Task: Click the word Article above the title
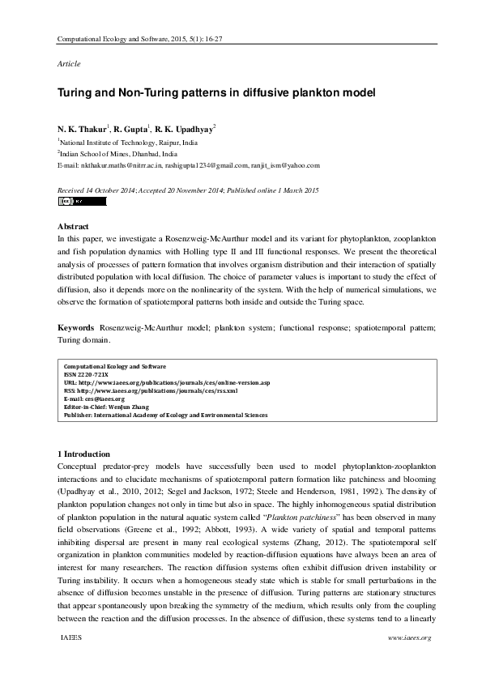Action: (x=69, y=63)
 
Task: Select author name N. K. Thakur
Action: (x=83, y=129)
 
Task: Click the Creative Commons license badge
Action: (x=70, y=201)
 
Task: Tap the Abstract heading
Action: (x=73, y=226)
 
